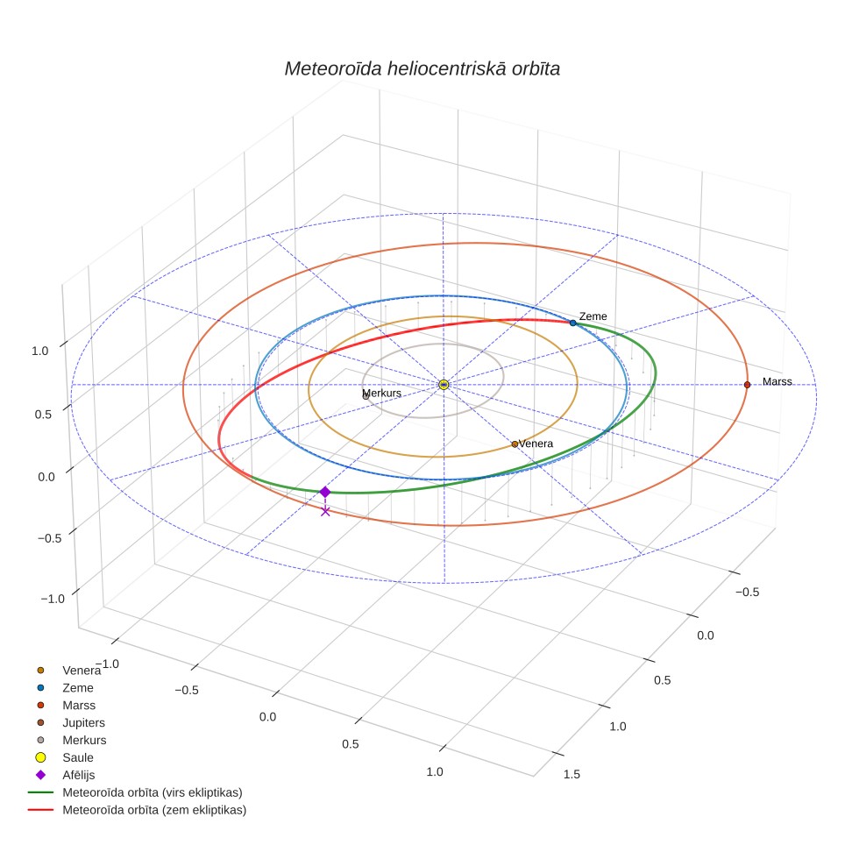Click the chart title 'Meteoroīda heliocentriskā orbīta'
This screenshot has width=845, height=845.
pyautogui.click(x=422, y=69)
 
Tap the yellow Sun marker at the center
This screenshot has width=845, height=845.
pyautogui.click(x=444, y=385)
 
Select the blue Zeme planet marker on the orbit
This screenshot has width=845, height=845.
pyautogui.click(x=573, y=323)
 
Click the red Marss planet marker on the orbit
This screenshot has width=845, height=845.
pyautogui.click(x=747, y=385)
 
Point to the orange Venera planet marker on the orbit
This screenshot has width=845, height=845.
pyautogui.click(x=515, y=444)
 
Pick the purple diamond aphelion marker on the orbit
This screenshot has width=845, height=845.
pyautogui.click(x=325, y=492)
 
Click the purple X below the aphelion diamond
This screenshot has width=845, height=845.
pyautogui.click(x=325, y=511)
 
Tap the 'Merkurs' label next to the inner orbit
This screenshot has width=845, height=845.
pyautogui.click(x=381, y=393)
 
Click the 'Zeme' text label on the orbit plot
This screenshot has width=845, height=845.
pyautogui.click(x=593, y=316)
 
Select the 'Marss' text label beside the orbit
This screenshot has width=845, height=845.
pyautogui.click(x=778, y=381)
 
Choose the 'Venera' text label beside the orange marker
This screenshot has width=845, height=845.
pyautogui.click(x=536, y=444)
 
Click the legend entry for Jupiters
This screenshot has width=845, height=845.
pyautogui.click(x=83, y=722)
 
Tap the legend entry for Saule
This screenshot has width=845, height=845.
pyautogui.click(x=78, y=757)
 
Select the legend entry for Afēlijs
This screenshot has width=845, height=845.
pyautogui.click(x=79, y=775)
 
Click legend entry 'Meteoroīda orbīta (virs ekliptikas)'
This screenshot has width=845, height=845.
pyautogui.click(x=153, y=792)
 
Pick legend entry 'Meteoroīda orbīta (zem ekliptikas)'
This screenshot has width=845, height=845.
pyautogui.click(x=154, y=810)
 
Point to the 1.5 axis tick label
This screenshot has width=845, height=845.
pyautogui.click(x=572, y=774)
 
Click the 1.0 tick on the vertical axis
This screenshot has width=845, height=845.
pyautogui.click(x=39, y=351)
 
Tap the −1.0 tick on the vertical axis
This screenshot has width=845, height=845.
pyautogui.click(x=53, y=599)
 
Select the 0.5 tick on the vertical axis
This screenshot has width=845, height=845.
pyautogui.click(x=43, y=415)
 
